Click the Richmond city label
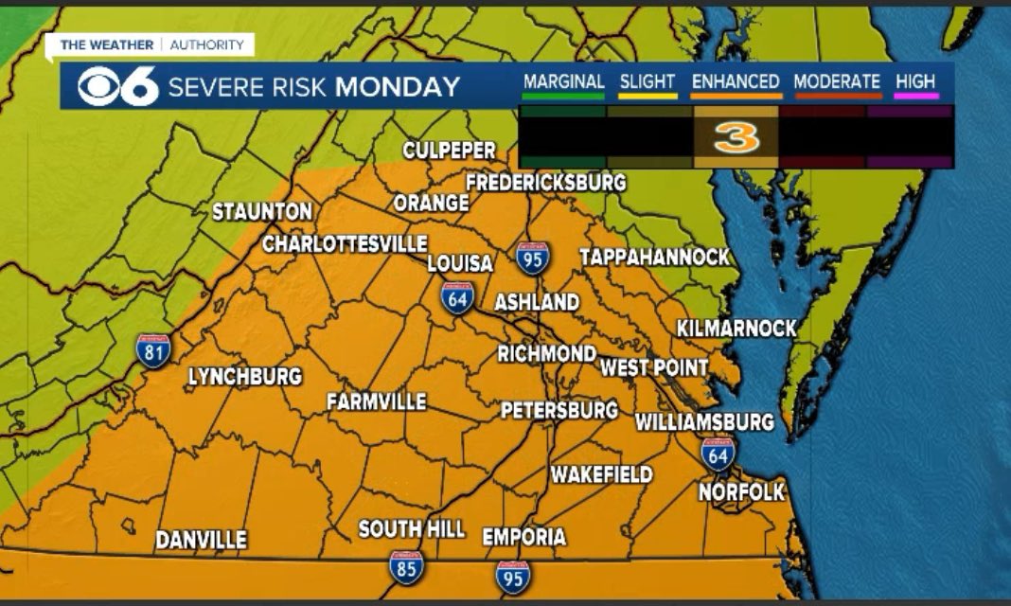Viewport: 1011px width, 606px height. (x=546, y=354)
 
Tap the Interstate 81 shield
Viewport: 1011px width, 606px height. (x=153, y=349)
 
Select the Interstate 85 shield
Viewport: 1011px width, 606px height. (x=406, y=565)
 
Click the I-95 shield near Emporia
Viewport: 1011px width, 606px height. (x=512, y=577)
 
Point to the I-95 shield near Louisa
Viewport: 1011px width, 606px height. (x=532, y=257)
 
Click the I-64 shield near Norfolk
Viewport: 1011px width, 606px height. (x=718, y=454)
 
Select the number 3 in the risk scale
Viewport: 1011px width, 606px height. (x=736, y=138)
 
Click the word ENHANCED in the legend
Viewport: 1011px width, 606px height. (x=736, y=82)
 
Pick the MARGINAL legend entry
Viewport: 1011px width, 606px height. (x=563, y=82)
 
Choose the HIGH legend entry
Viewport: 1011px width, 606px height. (x=915, y=82)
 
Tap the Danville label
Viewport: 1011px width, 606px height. (x=201, y=541)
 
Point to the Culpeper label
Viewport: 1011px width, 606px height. (x=449, y=151)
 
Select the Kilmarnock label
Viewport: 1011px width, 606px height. (x=736, y=329)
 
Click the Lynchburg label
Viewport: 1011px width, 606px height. (x=244, y=377)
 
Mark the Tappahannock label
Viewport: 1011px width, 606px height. (x=654, y=257)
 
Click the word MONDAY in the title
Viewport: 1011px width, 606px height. (x=398, y=87)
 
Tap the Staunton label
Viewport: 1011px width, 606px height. (x=261, y=212)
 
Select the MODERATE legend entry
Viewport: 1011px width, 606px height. (x=837, y=82)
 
